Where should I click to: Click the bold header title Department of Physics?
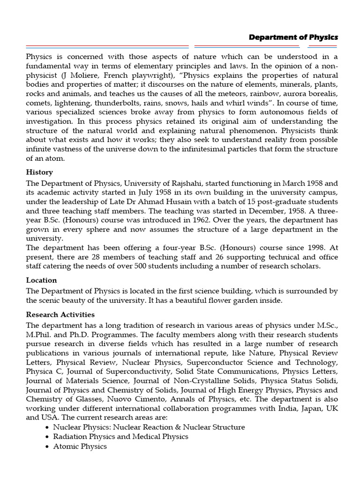293,37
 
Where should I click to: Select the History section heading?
39,172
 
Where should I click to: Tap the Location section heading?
42,280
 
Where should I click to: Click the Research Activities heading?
60,315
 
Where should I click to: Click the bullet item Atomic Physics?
80,447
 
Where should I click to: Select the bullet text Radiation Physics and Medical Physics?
120,436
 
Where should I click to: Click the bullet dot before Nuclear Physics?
48,427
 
